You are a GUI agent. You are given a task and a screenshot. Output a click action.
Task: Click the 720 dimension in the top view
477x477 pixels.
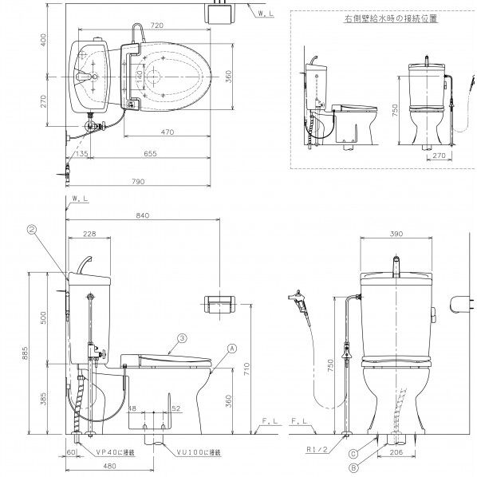[156, 26]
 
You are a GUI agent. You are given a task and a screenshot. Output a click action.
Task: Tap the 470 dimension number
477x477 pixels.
[167, 131]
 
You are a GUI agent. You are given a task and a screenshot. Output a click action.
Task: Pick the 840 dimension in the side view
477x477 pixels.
[144, 215]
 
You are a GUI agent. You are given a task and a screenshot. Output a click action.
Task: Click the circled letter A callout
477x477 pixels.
[231, 348]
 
